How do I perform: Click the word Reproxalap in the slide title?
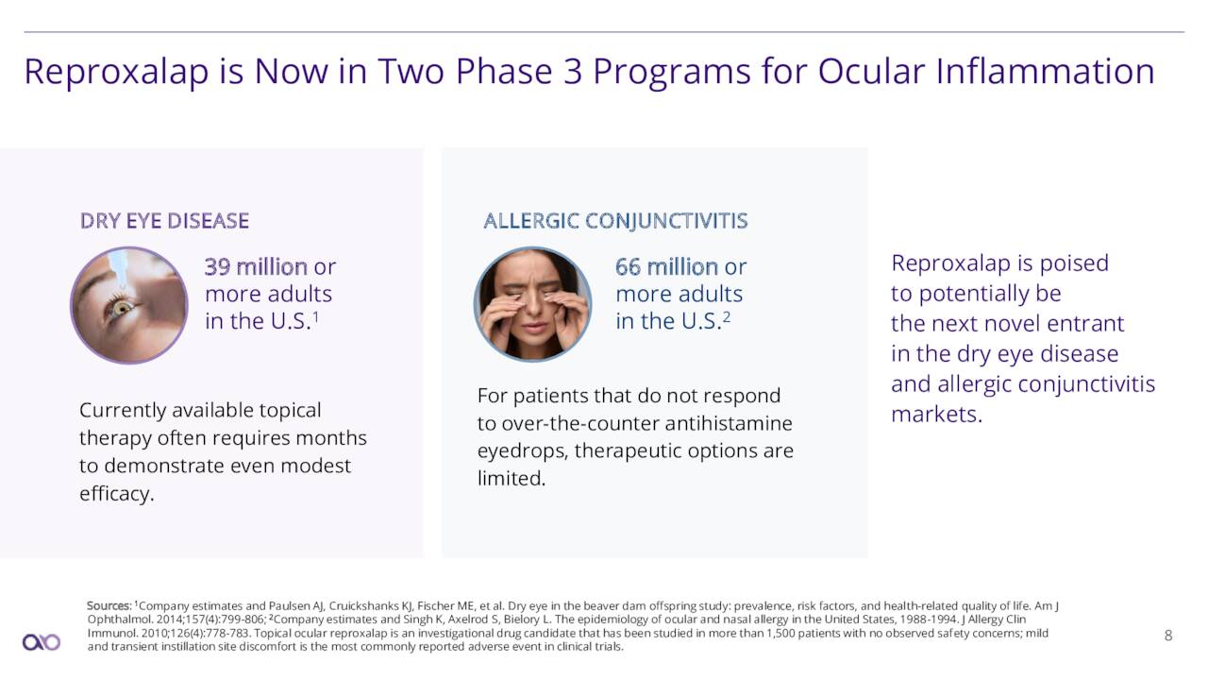(116, 73)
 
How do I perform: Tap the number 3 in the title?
(573, 71)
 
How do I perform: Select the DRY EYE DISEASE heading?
(164, 221)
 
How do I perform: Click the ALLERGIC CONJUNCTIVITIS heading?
(616, 221)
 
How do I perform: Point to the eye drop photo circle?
(129, 305)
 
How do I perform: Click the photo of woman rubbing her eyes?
(533, 304)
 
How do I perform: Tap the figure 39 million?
(256, 266)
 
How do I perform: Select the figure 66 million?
(666, 266)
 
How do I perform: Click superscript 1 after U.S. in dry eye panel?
(316, 315)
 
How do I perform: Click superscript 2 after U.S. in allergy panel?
(727, 315)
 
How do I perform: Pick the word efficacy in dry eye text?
(117, 493)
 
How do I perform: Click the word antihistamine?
(730, 423)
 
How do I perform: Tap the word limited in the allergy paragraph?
(512, 478)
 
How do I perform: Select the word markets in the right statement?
(937, 415)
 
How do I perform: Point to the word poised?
(1074, 263)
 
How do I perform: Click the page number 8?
(1168, 636)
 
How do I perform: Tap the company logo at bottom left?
(42, 642)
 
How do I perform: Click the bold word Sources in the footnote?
(109, 606)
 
